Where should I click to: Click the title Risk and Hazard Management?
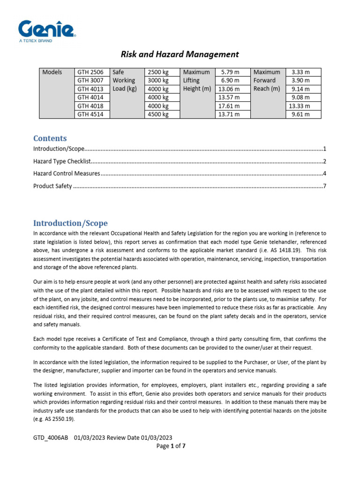180,54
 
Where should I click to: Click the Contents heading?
50,138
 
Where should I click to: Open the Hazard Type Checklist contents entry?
61,161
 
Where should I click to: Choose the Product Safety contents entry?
52,186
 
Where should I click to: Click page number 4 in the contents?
324,173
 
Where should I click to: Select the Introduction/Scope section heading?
70,223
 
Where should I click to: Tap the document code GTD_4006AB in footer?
51,437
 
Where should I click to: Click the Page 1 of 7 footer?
171,446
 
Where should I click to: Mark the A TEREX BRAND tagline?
35,41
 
